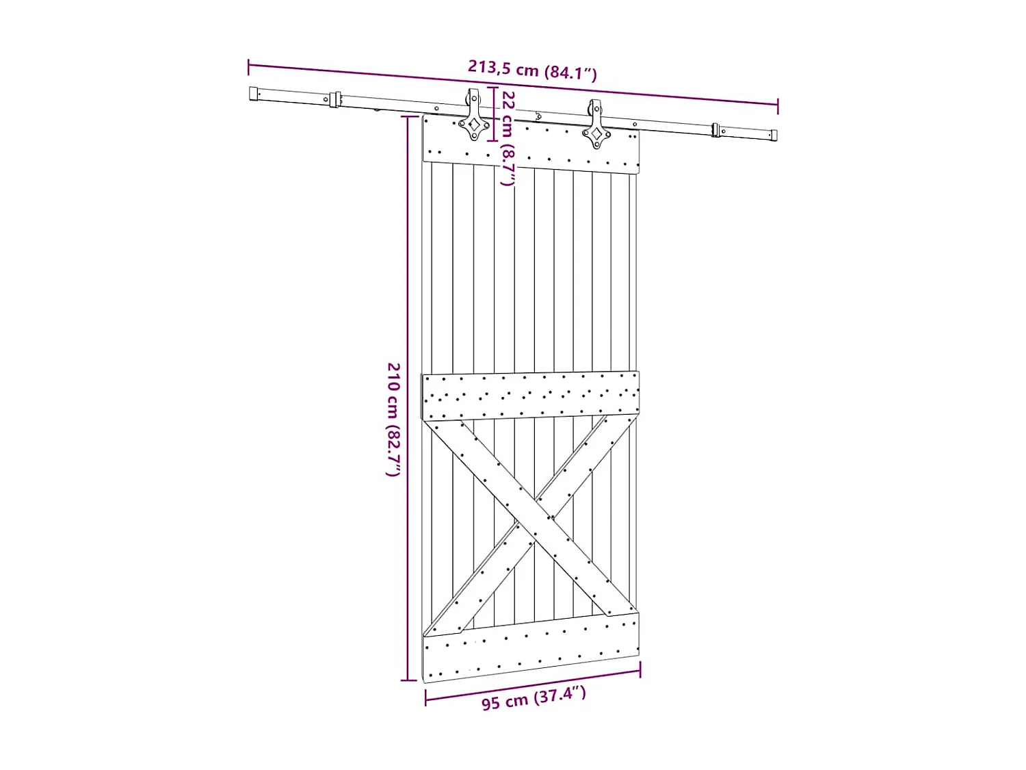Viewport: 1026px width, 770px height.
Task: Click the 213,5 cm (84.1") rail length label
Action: click(532, 70)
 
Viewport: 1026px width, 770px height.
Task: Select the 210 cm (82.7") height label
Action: click(393, 420)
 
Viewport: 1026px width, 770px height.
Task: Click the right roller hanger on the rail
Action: click(596, 125)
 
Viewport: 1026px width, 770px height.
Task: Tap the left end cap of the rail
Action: click(254, 94)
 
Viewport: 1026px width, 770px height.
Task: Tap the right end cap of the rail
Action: click(774, 135)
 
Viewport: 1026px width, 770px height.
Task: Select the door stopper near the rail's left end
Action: click(334, 99)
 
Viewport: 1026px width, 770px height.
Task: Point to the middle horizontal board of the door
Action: click(530, 396)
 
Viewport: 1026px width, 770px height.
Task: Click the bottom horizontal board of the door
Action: click(530, 646)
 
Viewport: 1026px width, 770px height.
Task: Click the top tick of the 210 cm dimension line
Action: click(408, 116)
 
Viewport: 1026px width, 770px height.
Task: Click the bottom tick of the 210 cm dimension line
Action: click(408, 680)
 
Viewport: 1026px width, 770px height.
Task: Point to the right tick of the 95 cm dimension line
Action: click(640, 670)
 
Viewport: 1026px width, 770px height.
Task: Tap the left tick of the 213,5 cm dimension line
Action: click(248, 66)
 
